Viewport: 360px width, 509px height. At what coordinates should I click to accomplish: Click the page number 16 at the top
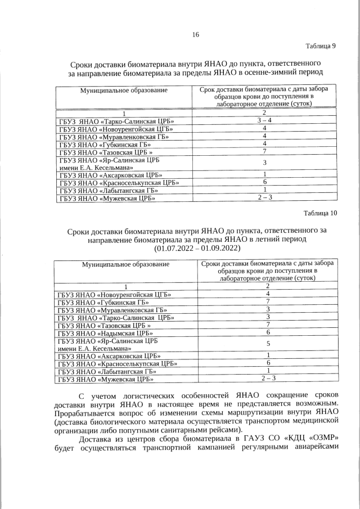tap(196, 34)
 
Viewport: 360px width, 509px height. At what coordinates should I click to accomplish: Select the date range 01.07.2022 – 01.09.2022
tap(196, 248)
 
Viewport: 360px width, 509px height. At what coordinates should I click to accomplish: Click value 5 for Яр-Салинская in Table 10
tap(268, 344)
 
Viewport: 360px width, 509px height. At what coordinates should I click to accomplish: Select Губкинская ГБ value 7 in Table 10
tap(268, 302)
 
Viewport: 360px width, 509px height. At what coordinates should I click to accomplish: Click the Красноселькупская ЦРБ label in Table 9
tap(119, 182)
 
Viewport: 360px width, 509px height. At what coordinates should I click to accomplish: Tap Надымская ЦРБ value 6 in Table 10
tap(268, 333)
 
